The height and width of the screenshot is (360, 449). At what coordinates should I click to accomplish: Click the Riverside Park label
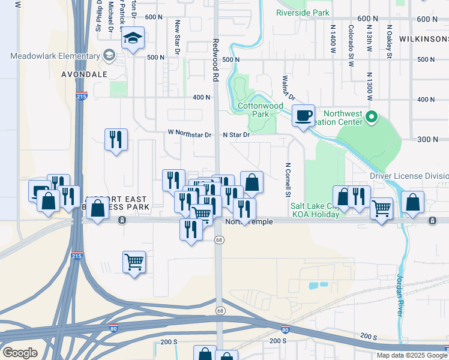(x=303, y=12)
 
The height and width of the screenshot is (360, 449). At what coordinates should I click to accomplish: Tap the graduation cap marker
(x=133, y=40)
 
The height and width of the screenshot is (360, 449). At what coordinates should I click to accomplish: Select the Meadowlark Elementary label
(x=55, y=56)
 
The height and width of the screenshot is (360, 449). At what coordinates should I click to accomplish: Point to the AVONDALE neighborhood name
(x=84, y=74)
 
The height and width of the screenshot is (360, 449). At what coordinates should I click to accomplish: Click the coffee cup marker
(x=303, y=115)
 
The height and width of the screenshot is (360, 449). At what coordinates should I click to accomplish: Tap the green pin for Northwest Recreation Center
(x=372, y=116)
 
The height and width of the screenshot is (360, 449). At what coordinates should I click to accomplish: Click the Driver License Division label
(x=408, y=176)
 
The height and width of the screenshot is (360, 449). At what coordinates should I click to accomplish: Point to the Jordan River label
(x=400, y=295)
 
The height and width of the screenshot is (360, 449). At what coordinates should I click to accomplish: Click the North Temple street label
(x=249, y=222)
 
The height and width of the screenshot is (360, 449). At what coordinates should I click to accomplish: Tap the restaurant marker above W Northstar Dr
(x=115, y=140)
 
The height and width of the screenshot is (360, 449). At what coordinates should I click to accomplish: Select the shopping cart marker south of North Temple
(x=134, y=262)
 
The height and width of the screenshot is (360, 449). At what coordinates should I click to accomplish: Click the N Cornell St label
(x=288, y=180)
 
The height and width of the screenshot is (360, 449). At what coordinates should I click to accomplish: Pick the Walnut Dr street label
(x=288, y=88)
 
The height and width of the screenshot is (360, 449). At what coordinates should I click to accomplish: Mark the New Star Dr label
(x=178, y=37)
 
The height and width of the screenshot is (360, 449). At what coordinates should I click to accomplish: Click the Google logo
(x=20, y=353)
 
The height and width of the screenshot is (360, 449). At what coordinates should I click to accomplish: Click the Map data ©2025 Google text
(x=411, y=355)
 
